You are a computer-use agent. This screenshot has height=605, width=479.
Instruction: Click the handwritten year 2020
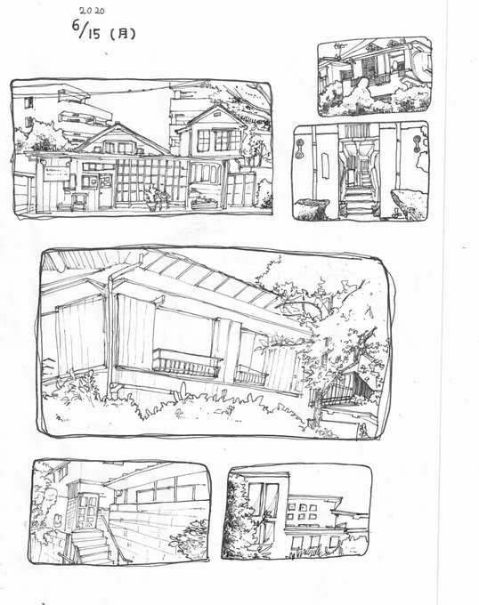92,11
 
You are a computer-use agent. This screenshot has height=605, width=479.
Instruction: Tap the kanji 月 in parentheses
122,35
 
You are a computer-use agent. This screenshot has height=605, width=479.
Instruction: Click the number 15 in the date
93,34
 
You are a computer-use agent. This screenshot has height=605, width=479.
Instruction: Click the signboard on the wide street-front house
56,173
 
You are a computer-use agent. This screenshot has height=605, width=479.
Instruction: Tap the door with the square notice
104,190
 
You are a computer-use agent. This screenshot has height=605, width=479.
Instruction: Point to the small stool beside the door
78,201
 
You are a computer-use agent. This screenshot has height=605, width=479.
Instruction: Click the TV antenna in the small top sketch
339,51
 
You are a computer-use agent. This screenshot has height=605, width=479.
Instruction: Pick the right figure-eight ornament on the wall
417,145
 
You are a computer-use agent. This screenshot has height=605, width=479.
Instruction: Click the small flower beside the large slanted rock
395,214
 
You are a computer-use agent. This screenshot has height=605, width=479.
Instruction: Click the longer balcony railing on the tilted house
187,364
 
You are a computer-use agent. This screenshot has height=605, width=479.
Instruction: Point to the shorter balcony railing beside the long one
251,375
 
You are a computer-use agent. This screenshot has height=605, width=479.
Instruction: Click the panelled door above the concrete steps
86,512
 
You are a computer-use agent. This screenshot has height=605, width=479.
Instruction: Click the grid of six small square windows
303,512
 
